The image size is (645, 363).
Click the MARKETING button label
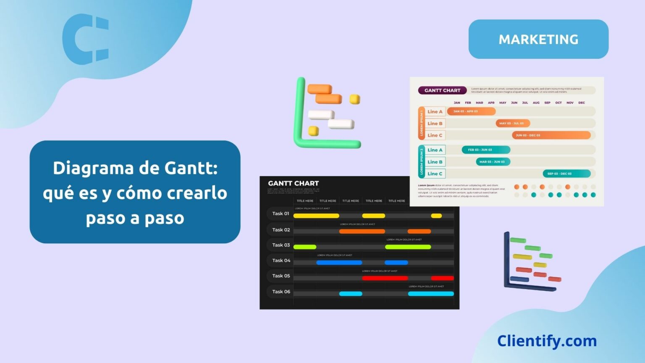point(538,39)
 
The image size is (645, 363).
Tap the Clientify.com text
point(547,341)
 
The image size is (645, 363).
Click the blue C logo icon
point(86,39)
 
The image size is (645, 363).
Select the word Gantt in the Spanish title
point(191,168)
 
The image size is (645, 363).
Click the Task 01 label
point(281,213)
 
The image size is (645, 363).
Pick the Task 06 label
point(281,292)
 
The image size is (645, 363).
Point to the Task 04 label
point(281,260)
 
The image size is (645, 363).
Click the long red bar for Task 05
point(385,278)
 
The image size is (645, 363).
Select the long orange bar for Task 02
point(362,231)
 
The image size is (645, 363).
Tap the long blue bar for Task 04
point(339,263)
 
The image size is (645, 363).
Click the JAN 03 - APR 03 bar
point(471,111)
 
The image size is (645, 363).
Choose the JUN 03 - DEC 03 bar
point(551,135)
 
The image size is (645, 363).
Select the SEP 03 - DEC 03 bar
point(566,174)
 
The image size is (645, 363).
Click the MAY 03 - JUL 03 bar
point(513,124)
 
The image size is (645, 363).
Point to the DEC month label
point(581,103)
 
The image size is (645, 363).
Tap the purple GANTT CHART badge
point(442,90)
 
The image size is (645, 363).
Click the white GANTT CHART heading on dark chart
point(293,183)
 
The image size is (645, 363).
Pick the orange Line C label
point(435,135)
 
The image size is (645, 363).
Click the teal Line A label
point(435,150)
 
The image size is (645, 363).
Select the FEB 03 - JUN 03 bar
point(486,150)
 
